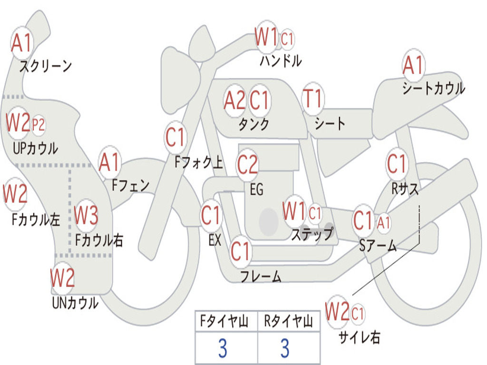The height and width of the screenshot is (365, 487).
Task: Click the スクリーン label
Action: point(46,66)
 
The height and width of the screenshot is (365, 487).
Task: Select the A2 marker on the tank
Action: point(234,101)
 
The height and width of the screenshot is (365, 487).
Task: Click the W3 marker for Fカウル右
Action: point(86,215)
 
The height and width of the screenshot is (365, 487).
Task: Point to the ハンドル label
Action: point(281,60)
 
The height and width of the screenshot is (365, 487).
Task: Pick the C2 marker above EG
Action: point(247,164)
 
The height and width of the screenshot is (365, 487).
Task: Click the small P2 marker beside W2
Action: point(39,125)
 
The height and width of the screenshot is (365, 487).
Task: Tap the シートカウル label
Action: point(434,88)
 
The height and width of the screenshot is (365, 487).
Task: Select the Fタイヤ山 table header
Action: point(224,321)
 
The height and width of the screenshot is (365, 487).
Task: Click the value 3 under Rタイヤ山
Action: point(285,348)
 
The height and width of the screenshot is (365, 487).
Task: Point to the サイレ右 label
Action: point(360,337)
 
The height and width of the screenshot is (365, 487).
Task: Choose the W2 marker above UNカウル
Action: point(62,278)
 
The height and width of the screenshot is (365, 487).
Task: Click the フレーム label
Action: point(261,276)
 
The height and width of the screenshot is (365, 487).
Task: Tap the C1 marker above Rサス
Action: point(397,163)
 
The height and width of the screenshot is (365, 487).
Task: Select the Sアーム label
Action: point(378,246)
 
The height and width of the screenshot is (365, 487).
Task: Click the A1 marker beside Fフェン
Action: point(109,162)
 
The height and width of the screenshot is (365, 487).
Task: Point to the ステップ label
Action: point(312,234)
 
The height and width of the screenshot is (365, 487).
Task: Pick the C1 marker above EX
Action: point(211,215)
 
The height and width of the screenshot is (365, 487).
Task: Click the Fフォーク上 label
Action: point(198,162)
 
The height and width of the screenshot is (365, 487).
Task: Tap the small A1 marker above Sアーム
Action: point(384,222)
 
